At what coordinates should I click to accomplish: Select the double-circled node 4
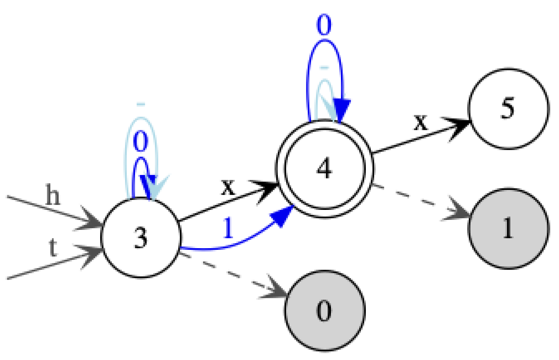click(x=324, y=168)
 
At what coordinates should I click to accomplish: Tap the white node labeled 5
click(x=508, y=109)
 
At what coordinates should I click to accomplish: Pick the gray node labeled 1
click(x=508, y=229)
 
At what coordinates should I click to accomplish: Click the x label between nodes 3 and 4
click(x=227, y=187)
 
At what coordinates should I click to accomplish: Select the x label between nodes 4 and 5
click(x=422, y=122)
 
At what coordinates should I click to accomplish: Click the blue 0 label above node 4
click(x=324, y=24)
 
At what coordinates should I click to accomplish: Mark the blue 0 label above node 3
click(x=141, y=142)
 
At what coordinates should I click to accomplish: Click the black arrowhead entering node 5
click(x=459, y=126)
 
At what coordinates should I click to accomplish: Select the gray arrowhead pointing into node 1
click(x=458, y=214)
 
